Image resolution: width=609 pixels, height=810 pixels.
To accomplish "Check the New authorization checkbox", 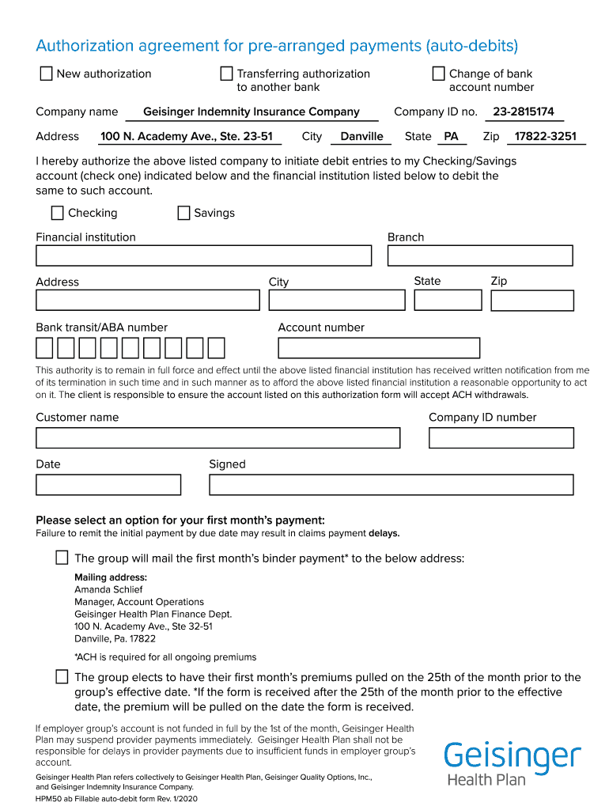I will point(46,74).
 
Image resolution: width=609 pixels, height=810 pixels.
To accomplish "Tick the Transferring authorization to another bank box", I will point(227,74).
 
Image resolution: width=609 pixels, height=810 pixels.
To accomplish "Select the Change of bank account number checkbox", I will point(439,74).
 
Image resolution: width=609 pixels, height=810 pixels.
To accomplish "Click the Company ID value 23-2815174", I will point(523,112).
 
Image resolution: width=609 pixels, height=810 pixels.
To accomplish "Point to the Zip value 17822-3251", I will point(545,136).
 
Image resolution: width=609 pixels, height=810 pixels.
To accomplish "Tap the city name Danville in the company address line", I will point(361,136).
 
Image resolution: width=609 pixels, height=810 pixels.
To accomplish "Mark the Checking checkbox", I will point(57,213).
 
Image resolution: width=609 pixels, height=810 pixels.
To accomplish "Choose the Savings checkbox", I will point(183,213).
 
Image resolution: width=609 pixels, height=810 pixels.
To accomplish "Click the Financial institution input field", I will point(203,255).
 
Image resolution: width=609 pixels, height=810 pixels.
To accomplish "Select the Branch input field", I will point(479,255).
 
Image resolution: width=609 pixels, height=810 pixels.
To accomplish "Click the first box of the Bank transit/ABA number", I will point(44,348).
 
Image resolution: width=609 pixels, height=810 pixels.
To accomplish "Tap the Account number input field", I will point(379,348).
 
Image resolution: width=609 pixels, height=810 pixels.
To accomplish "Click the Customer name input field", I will point(217,438).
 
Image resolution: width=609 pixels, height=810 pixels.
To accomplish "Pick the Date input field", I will point(108,485).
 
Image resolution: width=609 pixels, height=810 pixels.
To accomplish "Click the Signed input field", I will point(391,485).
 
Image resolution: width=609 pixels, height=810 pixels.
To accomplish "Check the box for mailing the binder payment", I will point(62,558).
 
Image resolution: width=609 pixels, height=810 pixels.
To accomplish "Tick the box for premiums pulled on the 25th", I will point(62,676).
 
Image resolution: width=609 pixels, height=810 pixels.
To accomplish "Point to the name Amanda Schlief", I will point(108,589).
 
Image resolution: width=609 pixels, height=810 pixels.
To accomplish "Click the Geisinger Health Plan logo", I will point(512,763).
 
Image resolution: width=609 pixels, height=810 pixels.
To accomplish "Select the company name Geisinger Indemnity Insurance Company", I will point(252,112).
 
